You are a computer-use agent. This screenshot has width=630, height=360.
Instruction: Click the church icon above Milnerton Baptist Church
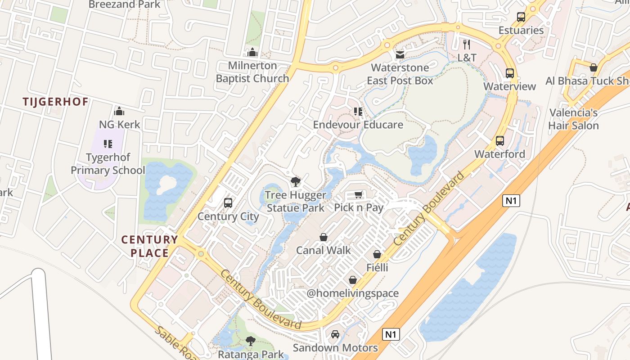pyautogui.click(x=252, y=53)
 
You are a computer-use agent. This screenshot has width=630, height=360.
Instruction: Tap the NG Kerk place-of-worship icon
pyautogui.click(x=119, y=111)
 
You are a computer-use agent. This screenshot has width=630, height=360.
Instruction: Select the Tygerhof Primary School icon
pyautogui.click(x=108, y=144)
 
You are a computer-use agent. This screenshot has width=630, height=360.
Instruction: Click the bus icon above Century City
pyautogui.click(x=228, y=203)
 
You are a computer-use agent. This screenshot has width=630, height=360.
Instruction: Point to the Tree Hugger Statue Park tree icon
pyautogui.click(x=295, y=182)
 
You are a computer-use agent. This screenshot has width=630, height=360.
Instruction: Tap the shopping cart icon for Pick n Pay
pyautogui.click(x=358, y=194)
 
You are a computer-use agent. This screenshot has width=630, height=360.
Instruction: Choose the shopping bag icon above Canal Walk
pyautogui.click(x=323, y=237)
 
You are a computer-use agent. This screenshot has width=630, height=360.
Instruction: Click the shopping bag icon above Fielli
pyautogui.click(x=377, y=255)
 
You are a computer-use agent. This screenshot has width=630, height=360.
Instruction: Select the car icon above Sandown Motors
pyautogui.click(x=335, y=334)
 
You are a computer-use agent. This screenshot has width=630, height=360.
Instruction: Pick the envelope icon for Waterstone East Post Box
pyautogui.click(x=400, y=55)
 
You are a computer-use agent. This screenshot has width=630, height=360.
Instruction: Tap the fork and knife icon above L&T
pyautogui.click(x=467, y=44)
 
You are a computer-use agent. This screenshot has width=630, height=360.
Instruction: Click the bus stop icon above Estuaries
pyautogui.click(x=521, y=17)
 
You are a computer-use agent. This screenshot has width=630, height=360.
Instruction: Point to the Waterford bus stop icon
pyautogui.click(x=500, y=141)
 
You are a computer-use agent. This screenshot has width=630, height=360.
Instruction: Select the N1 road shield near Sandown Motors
pyautogui.click(x=391, y=334)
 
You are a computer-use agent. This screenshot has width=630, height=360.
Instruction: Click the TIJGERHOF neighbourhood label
pyautogui.click(x=56, y=102)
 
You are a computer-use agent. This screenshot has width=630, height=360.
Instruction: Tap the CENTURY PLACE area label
pyautogui.click(x=150, y=246)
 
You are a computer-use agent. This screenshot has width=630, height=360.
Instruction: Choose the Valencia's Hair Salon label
pyautogui.click(x=573, y=119)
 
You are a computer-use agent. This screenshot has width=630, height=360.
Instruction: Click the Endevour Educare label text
pyautogui.click(x=358, y=125)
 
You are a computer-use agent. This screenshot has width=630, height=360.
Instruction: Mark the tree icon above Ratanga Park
pyautogui.click(x=251, y=341)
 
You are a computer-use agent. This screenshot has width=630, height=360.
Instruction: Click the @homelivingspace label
pyautogui.click(x=353, y=293)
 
